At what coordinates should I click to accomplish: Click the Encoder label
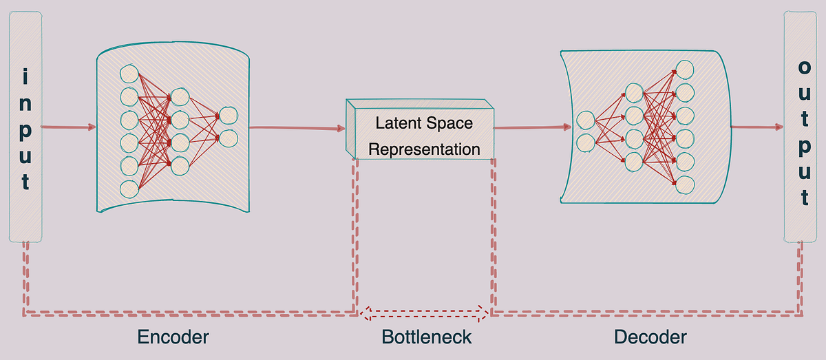[173, 337]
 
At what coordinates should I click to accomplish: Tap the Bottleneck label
[427, 337]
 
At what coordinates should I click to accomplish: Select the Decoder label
[650, 337]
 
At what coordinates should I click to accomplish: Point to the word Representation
[424, 149]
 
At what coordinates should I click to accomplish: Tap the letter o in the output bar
[804, 67]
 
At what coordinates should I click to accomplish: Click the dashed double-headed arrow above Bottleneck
[424, 315]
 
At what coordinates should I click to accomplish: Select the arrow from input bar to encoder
[68, 127]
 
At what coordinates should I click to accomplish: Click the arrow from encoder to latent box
[297, 127]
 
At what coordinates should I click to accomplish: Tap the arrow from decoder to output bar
[756, 127]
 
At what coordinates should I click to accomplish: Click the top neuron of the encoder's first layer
[129, 73]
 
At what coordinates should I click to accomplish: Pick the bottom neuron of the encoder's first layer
[129, 188]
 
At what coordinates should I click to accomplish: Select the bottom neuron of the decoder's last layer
[685, 184]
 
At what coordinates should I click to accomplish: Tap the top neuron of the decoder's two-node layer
[586, 119]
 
